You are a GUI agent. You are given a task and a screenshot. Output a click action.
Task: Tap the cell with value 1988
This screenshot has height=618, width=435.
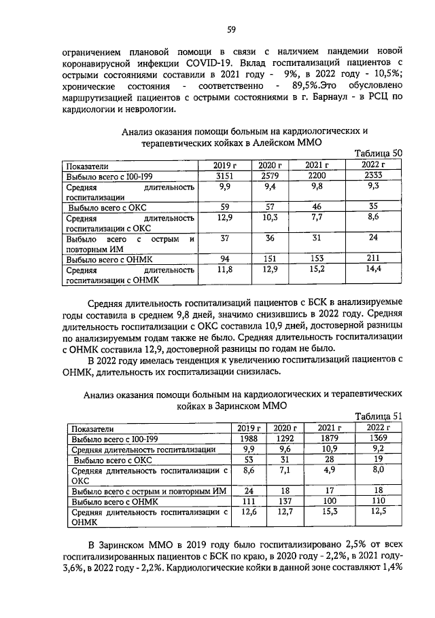[248, 438]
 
